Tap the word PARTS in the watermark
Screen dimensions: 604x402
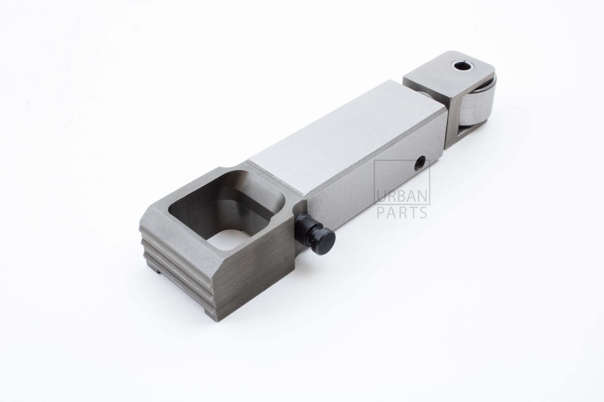point(402,213)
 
